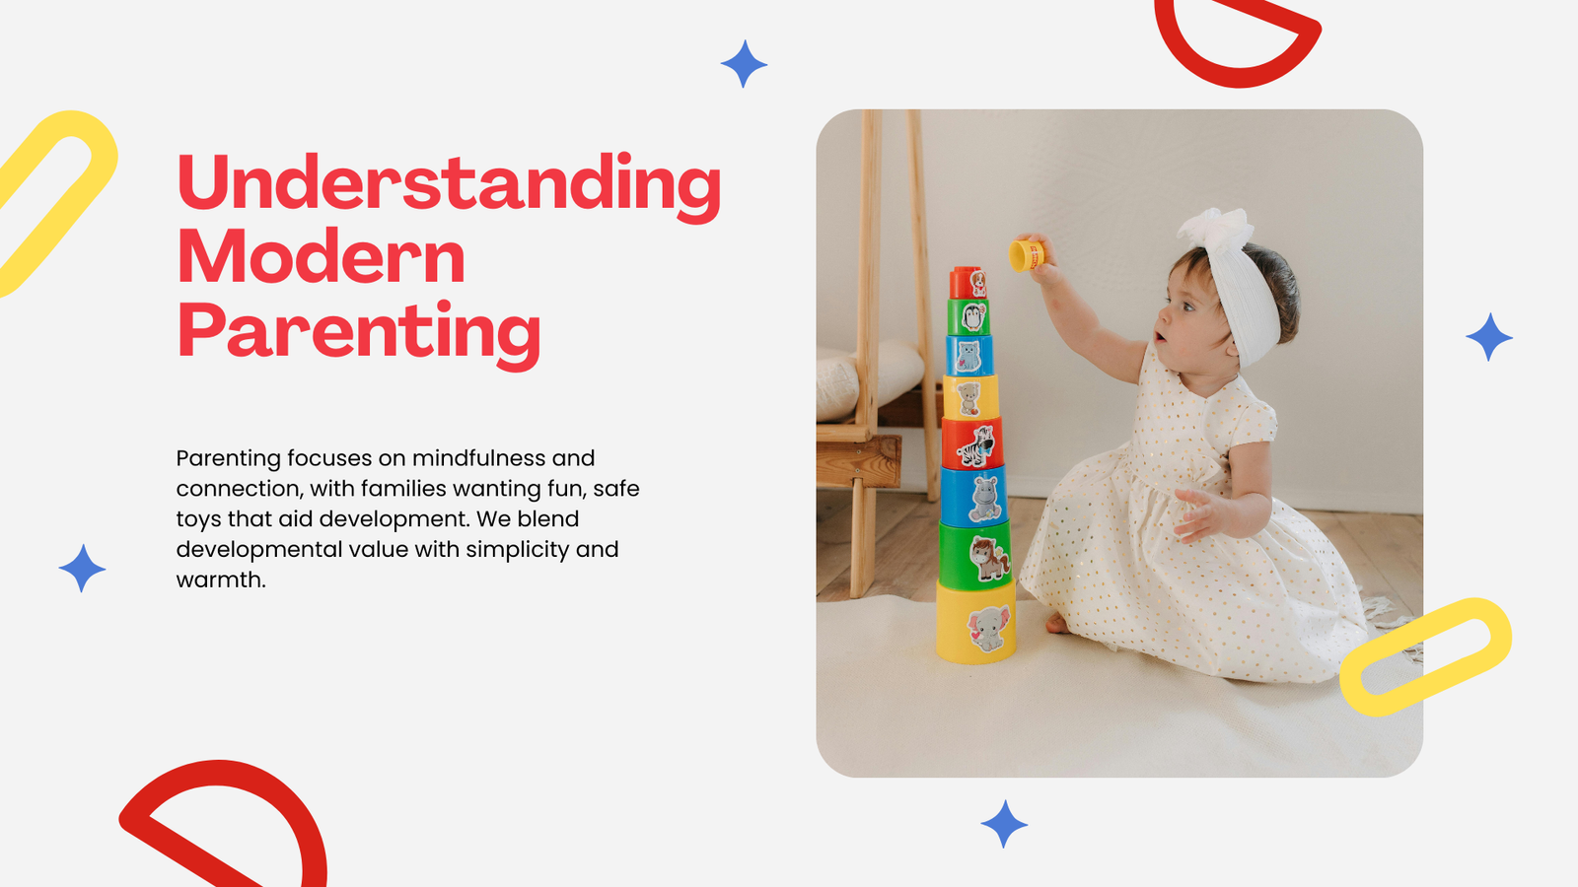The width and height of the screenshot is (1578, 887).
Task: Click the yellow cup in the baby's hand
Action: click(x=1027, y=255)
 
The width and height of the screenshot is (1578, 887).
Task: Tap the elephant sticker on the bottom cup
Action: click(x=987, y=628)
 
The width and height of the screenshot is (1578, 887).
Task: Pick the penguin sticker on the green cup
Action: click(x=972, y=316)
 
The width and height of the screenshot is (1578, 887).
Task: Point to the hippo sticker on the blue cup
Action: click(x=985, y=498)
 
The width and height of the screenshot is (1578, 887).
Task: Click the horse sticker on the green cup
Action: click(x=989, y=558)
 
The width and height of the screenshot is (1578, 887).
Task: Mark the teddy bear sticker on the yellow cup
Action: click(x=968, y=399)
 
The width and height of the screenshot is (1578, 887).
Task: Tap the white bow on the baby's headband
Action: click(x=1217, y=230)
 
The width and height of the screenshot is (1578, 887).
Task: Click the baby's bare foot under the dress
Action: click(x=1055, y=623)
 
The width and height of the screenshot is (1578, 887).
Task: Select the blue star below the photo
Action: click(x=1004, y=824)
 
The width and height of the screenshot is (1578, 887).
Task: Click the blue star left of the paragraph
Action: click(x=83, y=568)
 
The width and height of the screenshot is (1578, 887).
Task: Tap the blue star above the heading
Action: click(x=744, y=64)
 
